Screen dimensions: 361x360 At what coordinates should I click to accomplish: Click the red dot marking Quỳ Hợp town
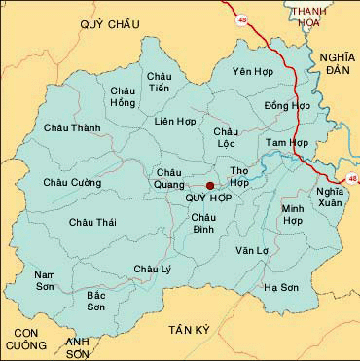tap(209, 185)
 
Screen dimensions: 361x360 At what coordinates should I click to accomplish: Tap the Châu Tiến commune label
tap(159, 83)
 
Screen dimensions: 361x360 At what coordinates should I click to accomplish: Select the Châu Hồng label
tap(124, 96)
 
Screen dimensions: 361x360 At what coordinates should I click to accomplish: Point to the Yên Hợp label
tap(251, 72)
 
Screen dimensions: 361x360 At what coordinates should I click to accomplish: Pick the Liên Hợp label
tap(176, 122)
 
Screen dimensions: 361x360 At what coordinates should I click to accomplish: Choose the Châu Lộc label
tap(226, 137)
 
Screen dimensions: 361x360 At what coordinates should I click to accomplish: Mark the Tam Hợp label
tap(287, 142)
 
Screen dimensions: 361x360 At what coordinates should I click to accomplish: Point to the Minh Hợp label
tap(293, 215)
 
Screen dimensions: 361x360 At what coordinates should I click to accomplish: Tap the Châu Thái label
tap(92, 223)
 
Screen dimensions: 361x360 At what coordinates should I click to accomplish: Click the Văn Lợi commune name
tap(252, 250)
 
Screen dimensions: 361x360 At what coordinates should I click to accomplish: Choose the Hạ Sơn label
tap(281, 288)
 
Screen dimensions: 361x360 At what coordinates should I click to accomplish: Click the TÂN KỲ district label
tap(188, 331)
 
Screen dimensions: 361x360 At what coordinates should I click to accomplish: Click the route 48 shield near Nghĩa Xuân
tap(351, 177)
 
